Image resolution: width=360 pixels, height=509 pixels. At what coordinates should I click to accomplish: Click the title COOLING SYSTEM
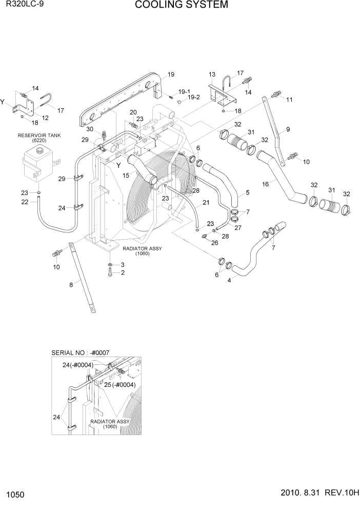[x=174, y=6]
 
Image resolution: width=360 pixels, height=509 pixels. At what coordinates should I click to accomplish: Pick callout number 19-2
[x=193, y=97]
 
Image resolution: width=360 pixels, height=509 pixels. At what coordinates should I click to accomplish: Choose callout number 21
[x=206, y=203]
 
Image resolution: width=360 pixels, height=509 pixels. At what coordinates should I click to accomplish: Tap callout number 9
[x=288, y=129]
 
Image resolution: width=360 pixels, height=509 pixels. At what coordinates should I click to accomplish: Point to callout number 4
[x=229, y=280]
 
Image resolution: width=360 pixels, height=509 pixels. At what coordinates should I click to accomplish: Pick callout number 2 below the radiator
[x=123, y=273]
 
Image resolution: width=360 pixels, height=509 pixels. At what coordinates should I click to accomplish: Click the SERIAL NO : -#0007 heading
[x=81, y=353]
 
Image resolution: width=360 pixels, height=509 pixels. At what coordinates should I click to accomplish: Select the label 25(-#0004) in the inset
[x=119, y=384]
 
